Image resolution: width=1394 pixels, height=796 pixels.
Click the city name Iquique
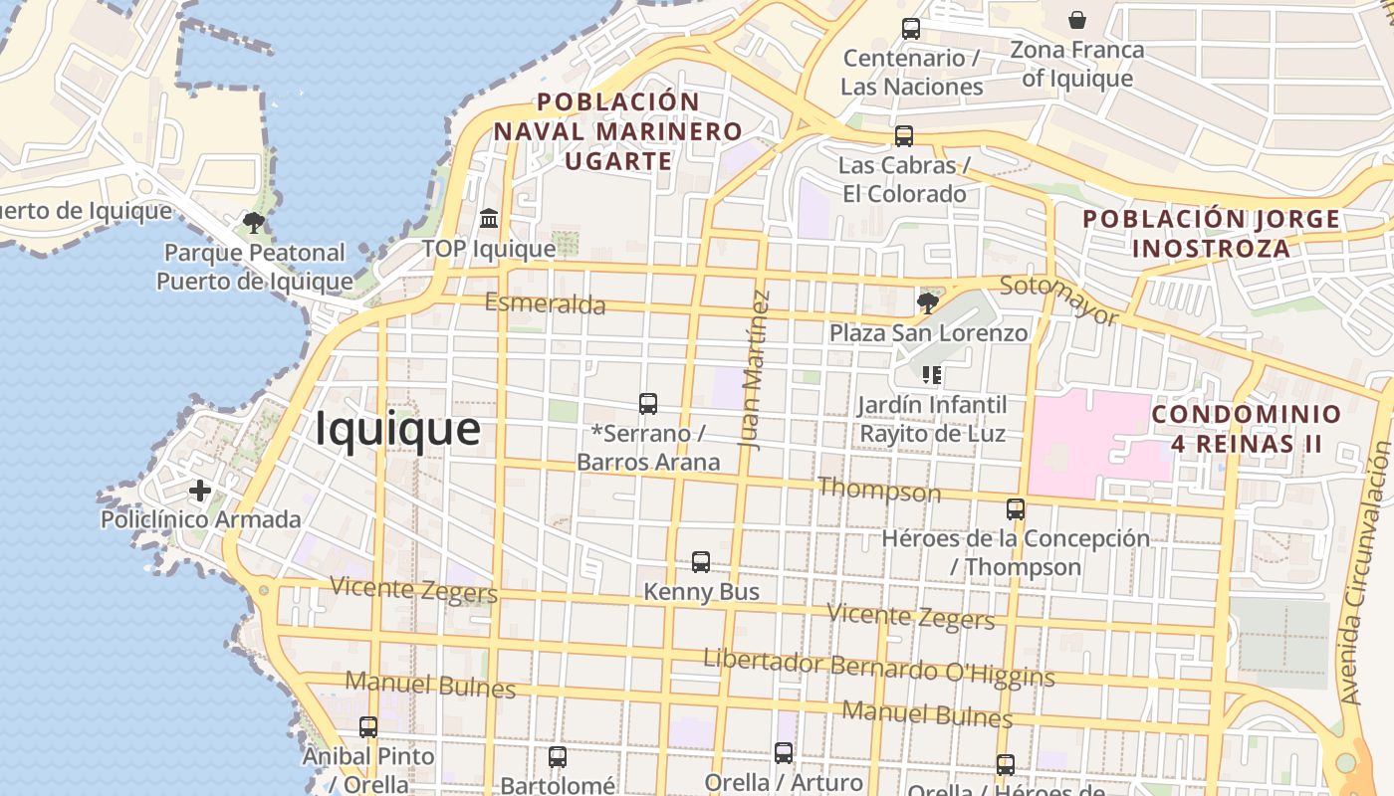click(x=397, y=430)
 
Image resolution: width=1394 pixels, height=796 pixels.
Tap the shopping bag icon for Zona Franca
click(x=1076, y=20)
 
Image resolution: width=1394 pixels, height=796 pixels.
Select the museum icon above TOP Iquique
click(x=489, y=218)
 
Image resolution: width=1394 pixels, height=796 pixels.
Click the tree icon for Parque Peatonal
click(x=254, y=222)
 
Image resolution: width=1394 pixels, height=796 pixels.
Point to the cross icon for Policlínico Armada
click(x=200, y=490)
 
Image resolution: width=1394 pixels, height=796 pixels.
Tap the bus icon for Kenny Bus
click(x=701, y=562)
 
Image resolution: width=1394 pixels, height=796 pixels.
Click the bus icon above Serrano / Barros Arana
click(x=648, y=403)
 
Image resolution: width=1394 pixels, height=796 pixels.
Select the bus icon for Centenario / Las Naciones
click(x=911, y=29)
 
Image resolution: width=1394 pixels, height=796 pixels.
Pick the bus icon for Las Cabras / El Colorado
click(x=904, y=136)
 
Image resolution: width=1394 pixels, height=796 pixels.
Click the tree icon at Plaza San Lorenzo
click(x=928, y=302)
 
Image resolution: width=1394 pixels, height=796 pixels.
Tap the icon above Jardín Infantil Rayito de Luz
click(x=932, y=375)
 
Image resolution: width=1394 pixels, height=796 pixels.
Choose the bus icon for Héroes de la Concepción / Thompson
click(x=1016, y=509)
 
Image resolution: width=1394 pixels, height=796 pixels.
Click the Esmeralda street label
click(x=545, y=302)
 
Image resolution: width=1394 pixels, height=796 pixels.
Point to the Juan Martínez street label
click(x=757, y=369)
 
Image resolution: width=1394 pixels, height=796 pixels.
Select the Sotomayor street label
click(x=1058, y=300)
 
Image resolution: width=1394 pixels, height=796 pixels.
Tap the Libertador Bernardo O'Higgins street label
click(x=878, y=668)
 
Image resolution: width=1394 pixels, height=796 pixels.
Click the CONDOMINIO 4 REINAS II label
click(x=1247, y=429)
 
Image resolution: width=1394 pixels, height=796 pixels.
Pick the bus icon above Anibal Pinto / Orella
click(x=368, y=727)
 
